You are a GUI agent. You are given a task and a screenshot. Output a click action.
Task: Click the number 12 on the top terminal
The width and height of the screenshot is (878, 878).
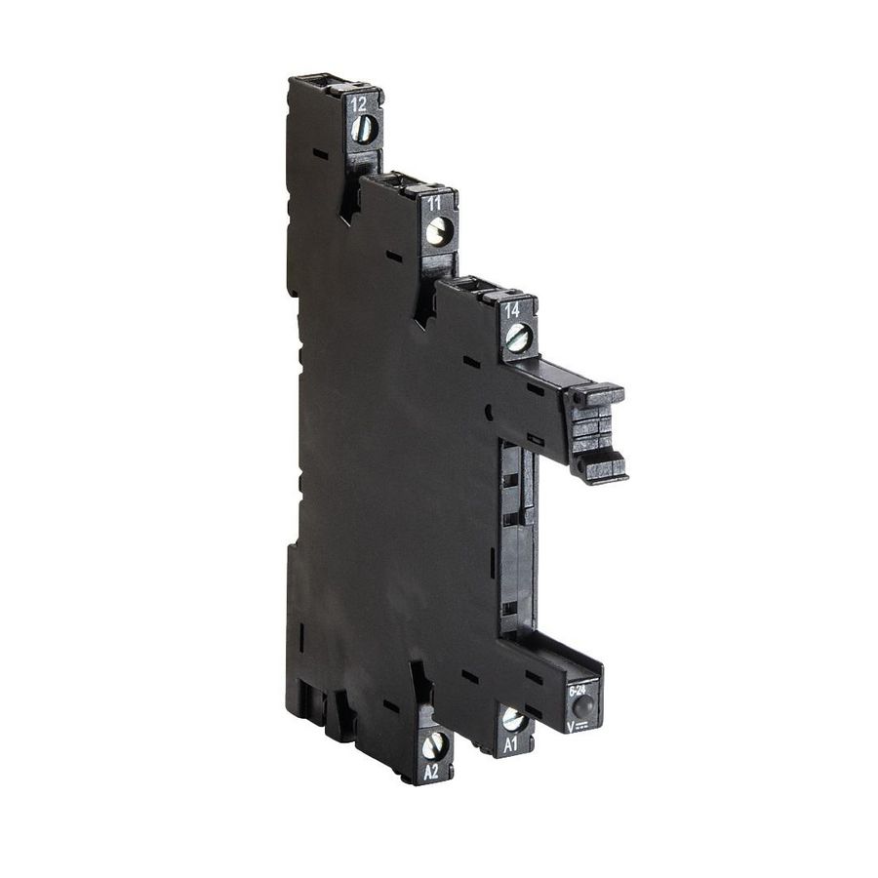[359, 103]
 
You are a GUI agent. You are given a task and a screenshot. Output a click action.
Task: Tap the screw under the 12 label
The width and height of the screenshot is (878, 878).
[362, 129]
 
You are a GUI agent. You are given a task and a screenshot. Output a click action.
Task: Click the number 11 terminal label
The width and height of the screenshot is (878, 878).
[435, 203]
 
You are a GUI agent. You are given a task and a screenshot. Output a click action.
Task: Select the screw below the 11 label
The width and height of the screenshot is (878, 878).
[438, 231]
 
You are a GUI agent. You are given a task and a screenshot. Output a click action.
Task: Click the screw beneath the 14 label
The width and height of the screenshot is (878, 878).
[517, 339]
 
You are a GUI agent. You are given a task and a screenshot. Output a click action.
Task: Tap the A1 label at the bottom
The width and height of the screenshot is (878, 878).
[510, 744]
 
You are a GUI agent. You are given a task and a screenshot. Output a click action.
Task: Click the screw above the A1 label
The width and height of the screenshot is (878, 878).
[512, 721]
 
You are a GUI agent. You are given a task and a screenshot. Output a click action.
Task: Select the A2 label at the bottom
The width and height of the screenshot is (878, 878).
[431, 771]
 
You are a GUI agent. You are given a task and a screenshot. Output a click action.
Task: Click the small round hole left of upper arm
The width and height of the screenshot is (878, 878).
[487, 413]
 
